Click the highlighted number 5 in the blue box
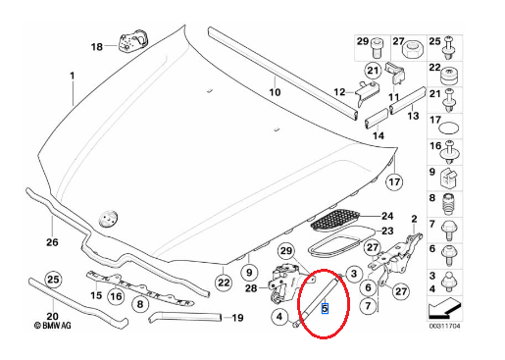(325, 308)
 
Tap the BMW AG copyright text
(52, 326)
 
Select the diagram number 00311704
(444, 326)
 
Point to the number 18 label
(97, 47)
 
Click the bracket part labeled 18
(132, 42)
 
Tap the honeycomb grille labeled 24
(334, 220)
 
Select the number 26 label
(52, 242)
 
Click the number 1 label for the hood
(73, 76)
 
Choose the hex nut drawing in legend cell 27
(414, 49)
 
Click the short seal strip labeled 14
(376, 119)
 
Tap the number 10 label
(275, 92)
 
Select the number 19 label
(237, 318)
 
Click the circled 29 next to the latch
(286, 251)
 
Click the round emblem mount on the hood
(108, 219)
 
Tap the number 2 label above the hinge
(414, 219)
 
